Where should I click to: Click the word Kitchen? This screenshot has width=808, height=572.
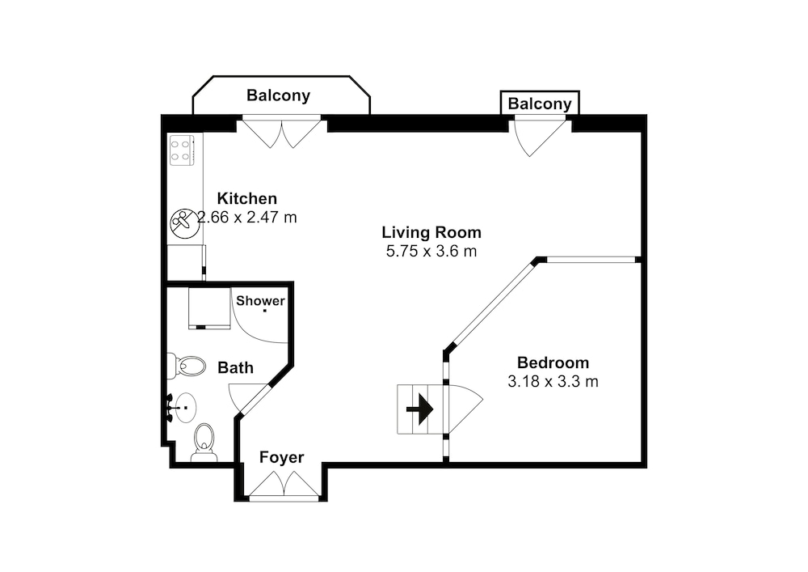pos(246,198)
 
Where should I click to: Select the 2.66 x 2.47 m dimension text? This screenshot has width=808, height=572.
pos(247,217)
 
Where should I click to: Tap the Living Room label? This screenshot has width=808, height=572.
pos(431,233)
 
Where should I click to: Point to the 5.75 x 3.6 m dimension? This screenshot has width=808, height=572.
pos(431,251)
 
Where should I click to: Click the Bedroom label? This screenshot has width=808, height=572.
pos(553,362)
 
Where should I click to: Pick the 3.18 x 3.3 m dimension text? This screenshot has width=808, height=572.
pos(553,382)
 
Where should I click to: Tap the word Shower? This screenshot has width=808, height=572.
pos(260,301)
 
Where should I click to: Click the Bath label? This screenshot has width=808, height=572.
pos(235,368)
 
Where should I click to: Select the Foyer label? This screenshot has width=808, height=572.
pos(281,457)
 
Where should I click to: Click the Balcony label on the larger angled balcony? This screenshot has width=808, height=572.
pos(278,95)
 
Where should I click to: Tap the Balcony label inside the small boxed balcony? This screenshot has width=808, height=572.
pos(540,104)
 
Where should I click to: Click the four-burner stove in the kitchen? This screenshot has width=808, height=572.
pos(182,150)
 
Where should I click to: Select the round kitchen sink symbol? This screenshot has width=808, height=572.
pos(184,222)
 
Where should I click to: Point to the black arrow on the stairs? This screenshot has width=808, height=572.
pos(419,409)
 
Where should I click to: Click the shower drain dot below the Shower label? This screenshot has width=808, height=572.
pos(265,311)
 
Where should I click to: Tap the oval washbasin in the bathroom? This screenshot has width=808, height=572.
pos(185,408)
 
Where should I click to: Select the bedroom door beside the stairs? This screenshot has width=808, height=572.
pos(463,409)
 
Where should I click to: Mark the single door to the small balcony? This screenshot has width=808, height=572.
pos(539,137)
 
